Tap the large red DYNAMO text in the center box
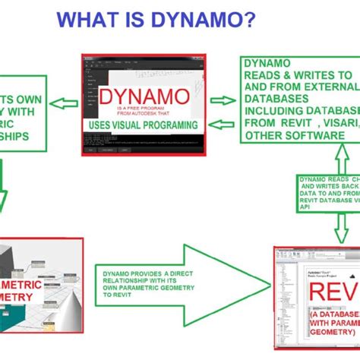pos(144,97)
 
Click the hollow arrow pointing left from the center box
pos(64,102)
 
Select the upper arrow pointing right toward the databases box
pos(223,99)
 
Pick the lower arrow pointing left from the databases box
pos(223,124)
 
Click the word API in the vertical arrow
pos(305,205)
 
